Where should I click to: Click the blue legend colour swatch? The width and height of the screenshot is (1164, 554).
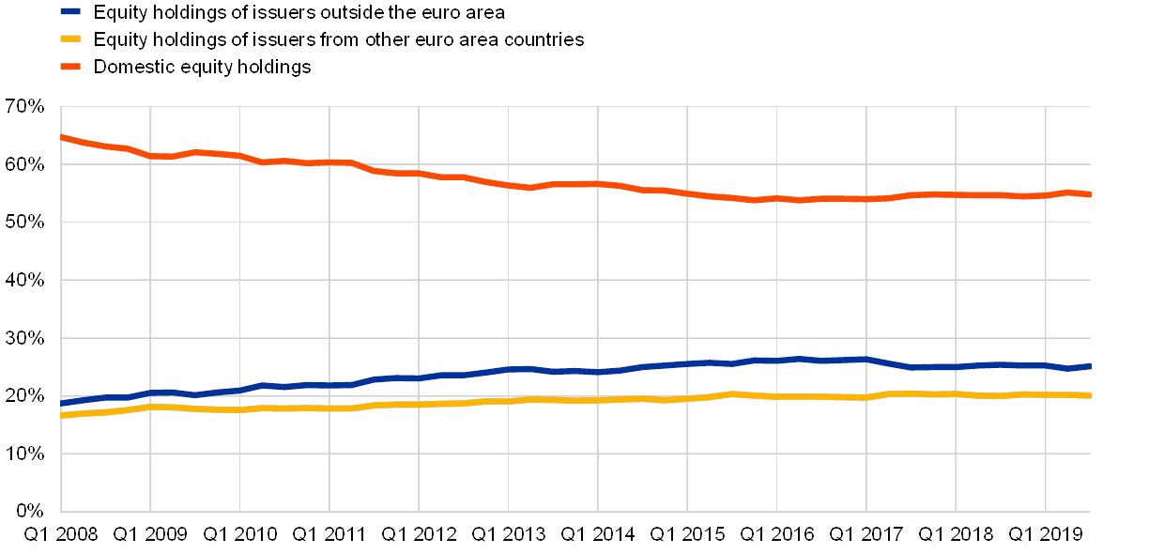click(70, 12)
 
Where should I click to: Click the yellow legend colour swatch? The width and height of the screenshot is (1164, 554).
click(70, 39)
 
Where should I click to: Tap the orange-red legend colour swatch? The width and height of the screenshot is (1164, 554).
click(70, 67)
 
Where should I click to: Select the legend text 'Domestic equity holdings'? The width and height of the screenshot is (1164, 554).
click(204, 67)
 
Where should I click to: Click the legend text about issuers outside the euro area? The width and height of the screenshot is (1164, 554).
click(299, 12)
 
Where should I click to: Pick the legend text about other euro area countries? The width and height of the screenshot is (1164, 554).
click(339, 39)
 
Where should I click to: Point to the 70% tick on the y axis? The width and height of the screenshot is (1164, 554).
click(26, 107)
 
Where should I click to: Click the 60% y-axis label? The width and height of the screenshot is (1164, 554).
click(26, 165)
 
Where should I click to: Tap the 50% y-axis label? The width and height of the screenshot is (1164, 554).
click(26, 223)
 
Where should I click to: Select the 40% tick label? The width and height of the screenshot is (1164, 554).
click(26, 281)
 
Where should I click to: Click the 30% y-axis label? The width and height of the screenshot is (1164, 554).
click(26, 338)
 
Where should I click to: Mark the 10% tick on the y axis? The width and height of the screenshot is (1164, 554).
click(26, 454)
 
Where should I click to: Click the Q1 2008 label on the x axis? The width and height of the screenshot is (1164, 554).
click(60, 535)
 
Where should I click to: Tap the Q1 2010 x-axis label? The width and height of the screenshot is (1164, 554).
click(239, 535)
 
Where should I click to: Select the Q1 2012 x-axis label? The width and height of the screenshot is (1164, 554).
click(419, 535)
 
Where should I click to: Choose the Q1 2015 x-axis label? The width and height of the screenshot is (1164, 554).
click(687, 535)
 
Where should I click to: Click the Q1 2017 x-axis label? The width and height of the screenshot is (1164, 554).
click(866, 535)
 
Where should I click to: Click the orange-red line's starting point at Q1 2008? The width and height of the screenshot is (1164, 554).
click(61, 137)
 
